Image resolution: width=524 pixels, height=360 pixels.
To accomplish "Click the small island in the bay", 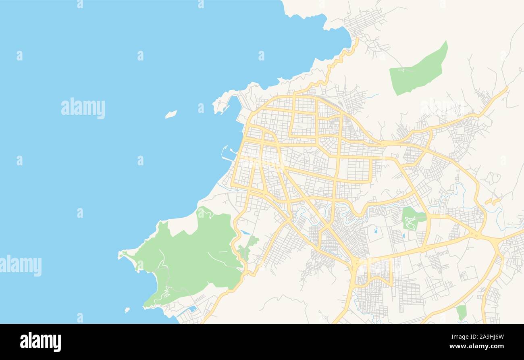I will pos(171,114).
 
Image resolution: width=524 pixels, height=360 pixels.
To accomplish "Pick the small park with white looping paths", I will pos(411,220).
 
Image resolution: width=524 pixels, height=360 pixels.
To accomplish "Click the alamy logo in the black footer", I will pos(40,341).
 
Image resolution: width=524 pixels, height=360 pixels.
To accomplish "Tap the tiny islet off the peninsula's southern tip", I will pos(127,310).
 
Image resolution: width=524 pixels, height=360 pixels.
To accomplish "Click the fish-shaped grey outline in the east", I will pos(493,177).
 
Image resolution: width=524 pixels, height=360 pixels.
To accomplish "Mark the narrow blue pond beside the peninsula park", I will pos(245,233).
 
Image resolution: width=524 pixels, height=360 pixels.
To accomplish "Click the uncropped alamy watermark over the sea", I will pos(83,108).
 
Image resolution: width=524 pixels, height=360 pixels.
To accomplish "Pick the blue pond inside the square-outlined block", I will pos(376,231).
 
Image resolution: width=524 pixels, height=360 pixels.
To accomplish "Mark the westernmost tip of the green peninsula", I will pos(120,255).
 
